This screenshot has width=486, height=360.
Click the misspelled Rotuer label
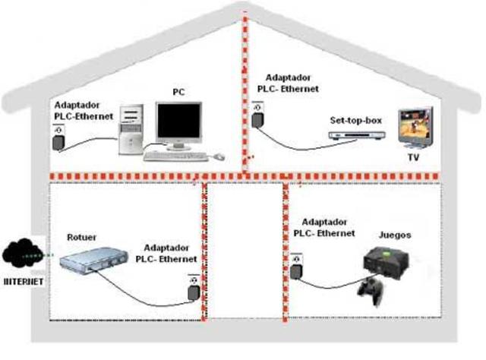pyautogui.click(x=83, y=236)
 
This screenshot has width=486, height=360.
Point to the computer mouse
pyautogui.click(x=219, y=156)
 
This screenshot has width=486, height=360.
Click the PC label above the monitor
pyautogui.click(x=178, y=91)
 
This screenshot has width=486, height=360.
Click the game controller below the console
pyautogui.click(x=371, y=288)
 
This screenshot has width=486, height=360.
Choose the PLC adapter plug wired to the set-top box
pyautogui.click(x=258, y=118)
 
